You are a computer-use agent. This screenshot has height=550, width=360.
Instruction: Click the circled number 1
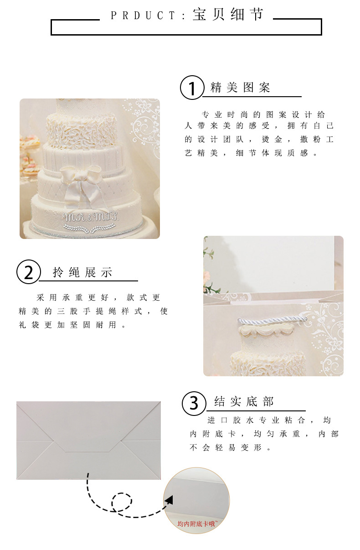(x=192, y=88)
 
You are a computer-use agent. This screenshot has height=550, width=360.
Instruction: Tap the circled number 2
(x=28, y=272)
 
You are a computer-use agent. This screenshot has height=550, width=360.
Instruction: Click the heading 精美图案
(x=240, y=88)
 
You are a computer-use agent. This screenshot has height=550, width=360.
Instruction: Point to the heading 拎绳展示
(x=82, y=272)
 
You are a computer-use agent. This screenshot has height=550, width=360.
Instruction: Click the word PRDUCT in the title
(x=143, y=16)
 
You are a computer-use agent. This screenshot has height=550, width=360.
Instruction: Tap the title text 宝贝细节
(x=228, y=14)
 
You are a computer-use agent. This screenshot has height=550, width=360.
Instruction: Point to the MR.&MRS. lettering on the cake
(x=91, y=217)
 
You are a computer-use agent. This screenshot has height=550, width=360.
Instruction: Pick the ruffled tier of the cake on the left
(x=82, y=130)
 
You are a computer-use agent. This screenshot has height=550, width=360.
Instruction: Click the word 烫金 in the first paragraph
(x=272, y=140)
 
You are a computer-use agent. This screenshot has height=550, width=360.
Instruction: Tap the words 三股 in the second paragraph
(x=67, y=311)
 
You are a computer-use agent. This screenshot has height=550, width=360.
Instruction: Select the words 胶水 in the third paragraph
(x=243, y=420)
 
